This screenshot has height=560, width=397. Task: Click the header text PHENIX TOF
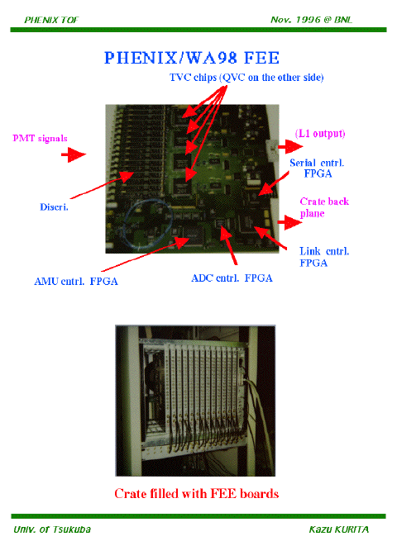pyautogui.click(x=51, y=20)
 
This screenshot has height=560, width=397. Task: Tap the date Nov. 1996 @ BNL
pyautogui.click(x=311, y=20)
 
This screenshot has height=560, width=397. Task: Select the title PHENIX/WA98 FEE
pyautogui.click(x=192, y=58)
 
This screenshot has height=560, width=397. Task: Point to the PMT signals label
pyautogui.click(x=40, y=138)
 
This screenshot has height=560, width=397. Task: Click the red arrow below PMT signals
pyautogui.click(x=74, y=154)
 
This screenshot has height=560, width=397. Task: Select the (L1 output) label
pyautogui.click(x=320, y=134)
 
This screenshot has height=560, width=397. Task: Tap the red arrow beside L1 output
pyautogui.click(x=290, y=146)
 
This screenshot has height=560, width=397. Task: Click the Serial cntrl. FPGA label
pyautogui.click(x=317, y=168)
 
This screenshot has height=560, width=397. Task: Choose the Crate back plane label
pyautogui.click(x=324, y=207)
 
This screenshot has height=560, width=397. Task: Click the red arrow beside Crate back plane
pyautogui.click(x=289, y=222)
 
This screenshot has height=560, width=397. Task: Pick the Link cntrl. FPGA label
pyautogui.click(x=324, y=257)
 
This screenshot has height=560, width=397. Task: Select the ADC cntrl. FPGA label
pyautogui.click(x=232, y=278)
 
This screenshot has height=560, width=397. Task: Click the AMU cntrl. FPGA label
pyautogui.click(x=76, y=282)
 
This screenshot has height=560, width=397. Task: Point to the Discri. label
pyautogui.click(x=54, y=207)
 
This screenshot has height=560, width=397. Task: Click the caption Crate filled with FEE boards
pyautogui.click(x=196, y=494)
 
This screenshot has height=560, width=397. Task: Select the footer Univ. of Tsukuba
pyautogui.click(x=52, y=529)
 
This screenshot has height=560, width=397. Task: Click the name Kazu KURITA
pyautogui.click(x=339, y=529)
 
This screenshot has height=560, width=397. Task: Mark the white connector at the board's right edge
pyautogui.click(x=272, y=150)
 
